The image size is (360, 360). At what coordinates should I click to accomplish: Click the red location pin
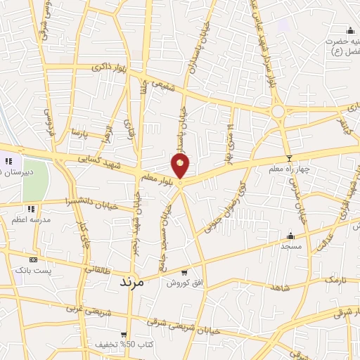point(181,166)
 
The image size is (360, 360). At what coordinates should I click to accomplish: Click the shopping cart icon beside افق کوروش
point(184,272)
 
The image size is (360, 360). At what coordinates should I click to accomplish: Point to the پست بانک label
point(31,269)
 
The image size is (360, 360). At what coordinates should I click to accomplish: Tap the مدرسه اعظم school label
point(31,219)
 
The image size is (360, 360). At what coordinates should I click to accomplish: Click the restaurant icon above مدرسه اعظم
point(31,209)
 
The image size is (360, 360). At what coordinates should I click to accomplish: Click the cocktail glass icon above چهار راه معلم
point(288,158)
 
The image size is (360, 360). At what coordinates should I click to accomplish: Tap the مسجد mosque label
point(291,246)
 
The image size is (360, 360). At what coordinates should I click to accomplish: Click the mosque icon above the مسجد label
point(291,236)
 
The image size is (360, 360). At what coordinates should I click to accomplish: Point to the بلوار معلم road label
point(155,175)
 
